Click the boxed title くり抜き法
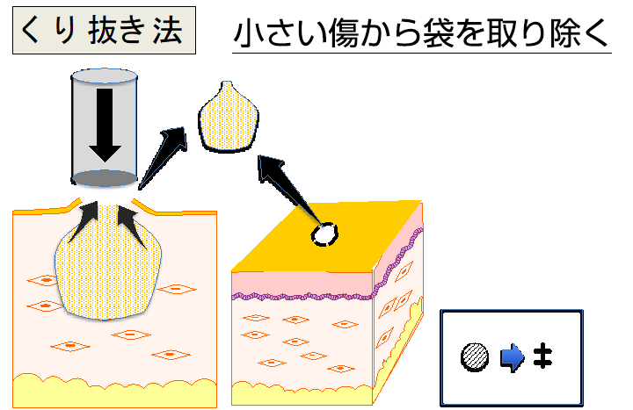tap(104, 32)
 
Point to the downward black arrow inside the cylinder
tap(105, 123)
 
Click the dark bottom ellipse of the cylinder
tap(105, 179)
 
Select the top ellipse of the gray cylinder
tap(105, 76)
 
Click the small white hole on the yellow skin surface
tap(325, 234)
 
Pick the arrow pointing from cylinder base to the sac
tap(163, 158)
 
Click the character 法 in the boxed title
tap(165, 32)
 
